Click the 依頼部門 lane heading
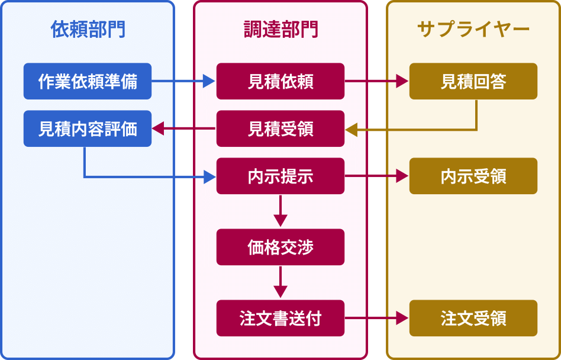coord(88,30)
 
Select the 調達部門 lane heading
coord(280,30)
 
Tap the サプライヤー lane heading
coord(473,30)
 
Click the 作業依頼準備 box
coord(88,81)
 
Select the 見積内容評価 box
coord(88,128)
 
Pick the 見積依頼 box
coord(280,81)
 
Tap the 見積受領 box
coord(280,128)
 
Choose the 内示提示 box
coord(280,176)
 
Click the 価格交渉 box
coord(280,247)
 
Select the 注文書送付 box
coord(280,318)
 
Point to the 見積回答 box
coord(473,81)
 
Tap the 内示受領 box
coord(473,176)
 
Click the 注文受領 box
coord(473,318)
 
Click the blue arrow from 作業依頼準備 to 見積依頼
coord(183,81)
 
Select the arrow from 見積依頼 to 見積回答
coord(376,81)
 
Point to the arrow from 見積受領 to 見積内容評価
coord(184,128)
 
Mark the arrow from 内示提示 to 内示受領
coord(376,176)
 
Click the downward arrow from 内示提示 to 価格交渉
coord(280,211)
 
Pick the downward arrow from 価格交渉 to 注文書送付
coord(280,282)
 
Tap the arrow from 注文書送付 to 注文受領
coord(376,318)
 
